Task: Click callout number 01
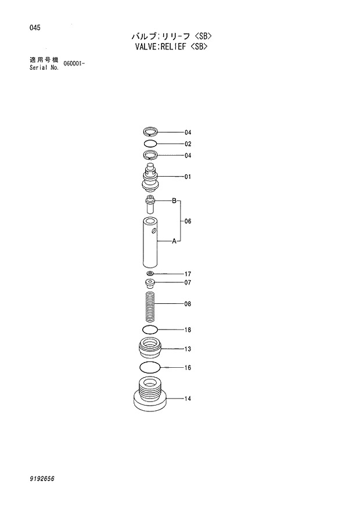point(188,177)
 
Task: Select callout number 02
point(188,144)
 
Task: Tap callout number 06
point(188,221)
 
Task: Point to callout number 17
point(188,274)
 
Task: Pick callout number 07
point(188,283)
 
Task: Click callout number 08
point(188,304)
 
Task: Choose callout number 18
point(188,330)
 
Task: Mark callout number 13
point(188,349)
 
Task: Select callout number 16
point(188,368)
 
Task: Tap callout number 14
point(188,399)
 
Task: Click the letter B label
point(173,200)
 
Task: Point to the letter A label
point(173,241)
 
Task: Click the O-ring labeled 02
point(150,144)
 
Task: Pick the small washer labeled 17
point(150,274)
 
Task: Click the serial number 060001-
point(75,62)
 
